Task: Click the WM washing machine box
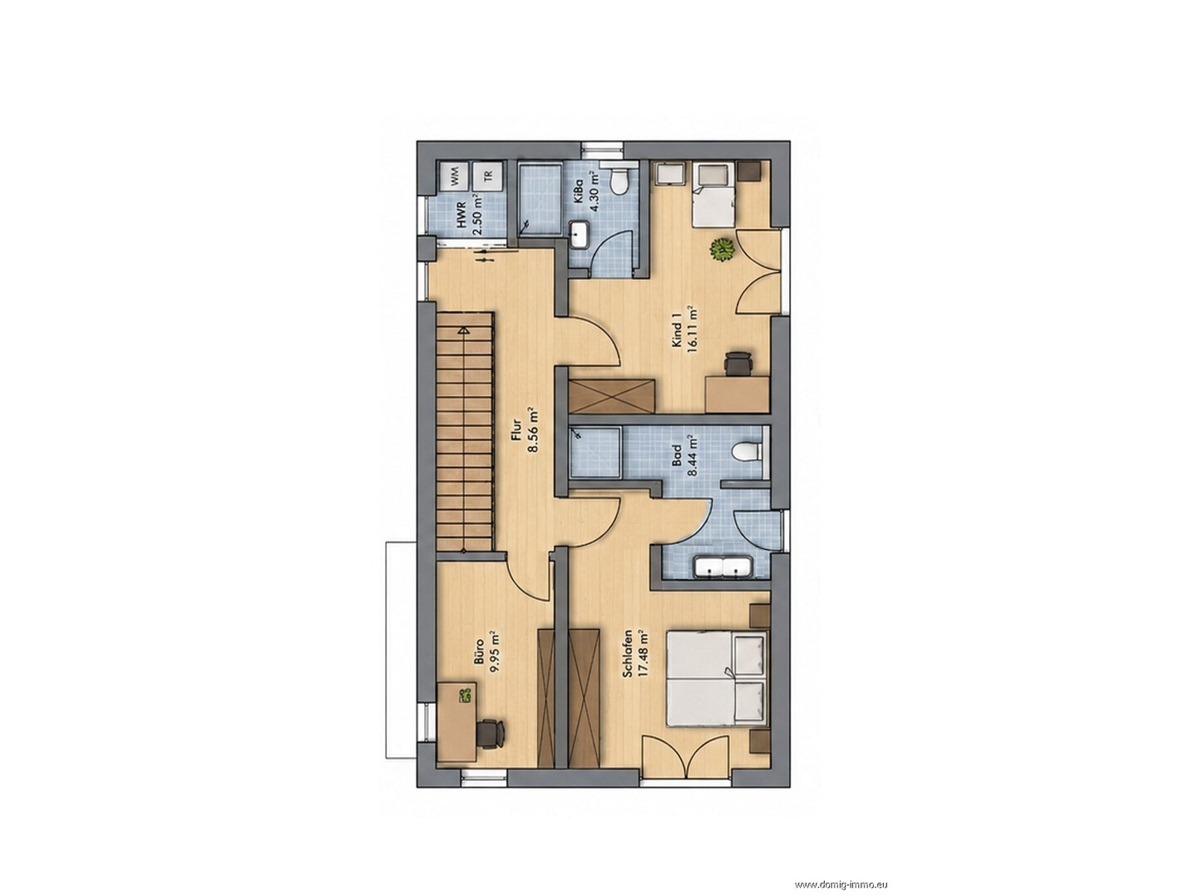(x=453, y=176)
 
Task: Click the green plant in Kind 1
(x=722, y=250)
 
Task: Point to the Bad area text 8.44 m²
(x=693, y=455)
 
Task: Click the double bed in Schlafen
(x=715, y=676)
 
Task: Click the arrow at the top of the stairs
(x=463, y=330)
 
